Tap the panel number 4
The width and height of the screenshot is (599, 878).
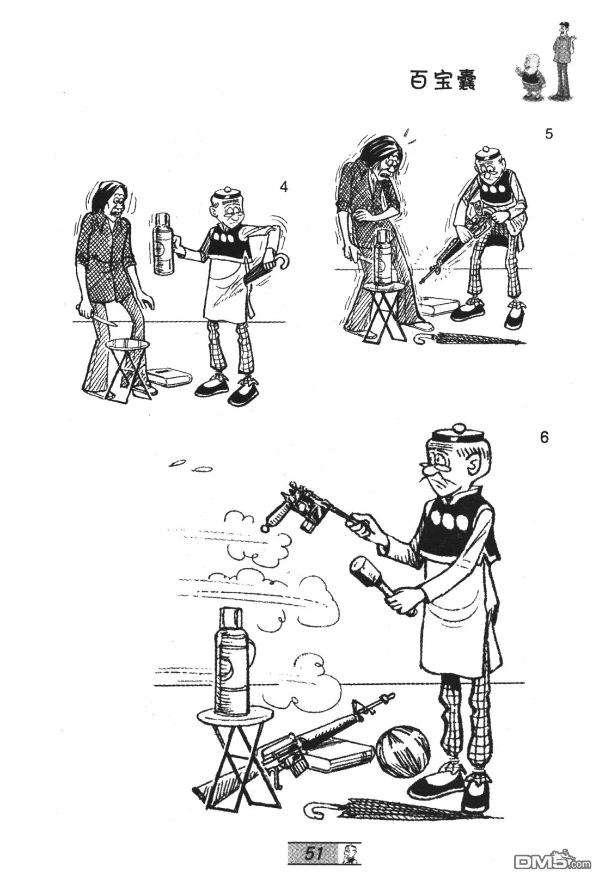[283, 187]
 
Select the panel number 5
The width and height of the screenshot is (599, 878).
[549, 134]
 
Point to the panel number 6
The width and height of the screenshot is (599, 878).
[545, 438]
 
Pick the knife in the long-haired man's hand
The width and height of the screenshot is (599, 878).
[103, 318]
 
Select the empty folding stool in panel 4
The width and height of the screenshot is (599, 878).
[130, 369]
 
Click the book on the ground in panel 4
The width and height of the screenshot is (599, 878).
[171, 378]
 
